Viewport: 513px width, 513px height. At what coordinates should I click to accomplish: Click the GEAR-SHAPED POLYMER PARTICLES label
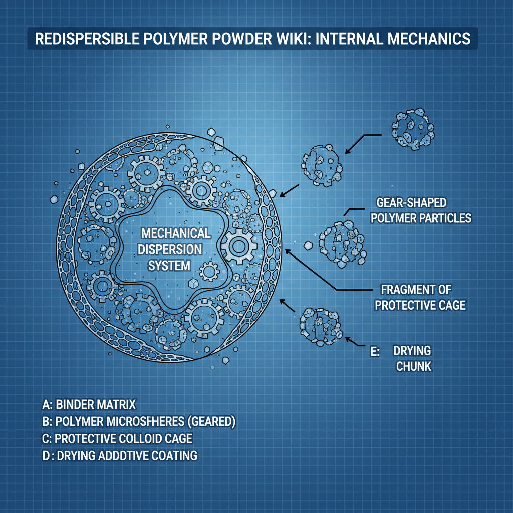(x=423, y=210)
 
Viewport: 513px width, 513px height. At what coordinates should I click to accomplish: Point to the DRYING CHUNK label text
(x=414, y=358)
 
